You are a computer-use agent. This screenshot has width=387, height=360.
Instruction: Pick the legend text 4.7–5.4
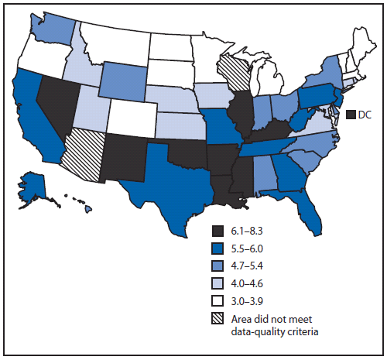tap(250, 266)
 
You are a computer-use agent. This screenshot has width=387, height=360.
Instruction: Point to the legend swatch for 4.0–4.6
tap(218, 282)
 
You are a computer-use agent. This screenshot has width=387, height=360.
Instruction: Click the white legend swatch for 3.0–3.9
tap(218, 298)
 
